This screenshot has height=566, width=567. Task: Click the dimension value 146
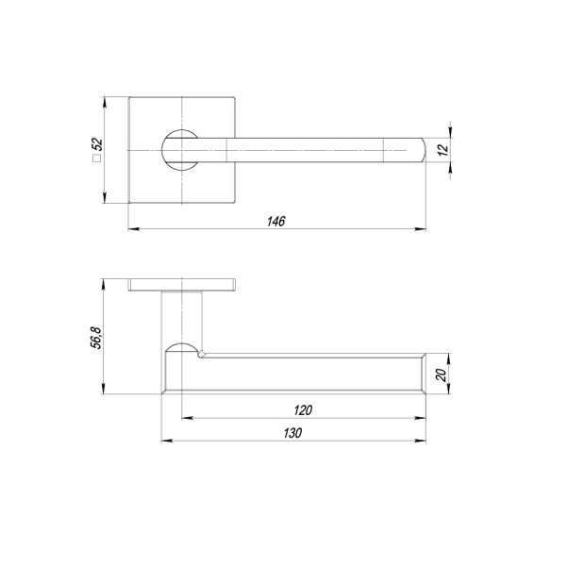(275, 221)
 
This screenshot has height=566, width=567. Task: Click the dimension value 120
(302, 409)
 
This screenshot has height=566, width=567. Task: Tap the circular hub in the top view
(179, 149)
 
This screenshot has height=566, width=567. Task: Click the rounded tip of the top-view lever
(419, 149)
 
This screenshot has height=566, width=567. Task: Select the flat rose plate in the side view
(181, 285)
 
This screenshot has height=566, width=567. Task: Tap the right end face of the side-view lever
(420, 375)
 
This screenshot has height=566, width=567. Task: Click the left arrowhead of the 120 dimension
(185, 417)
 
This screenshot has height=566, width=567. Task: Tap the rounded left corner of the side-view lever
(170, 352)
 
